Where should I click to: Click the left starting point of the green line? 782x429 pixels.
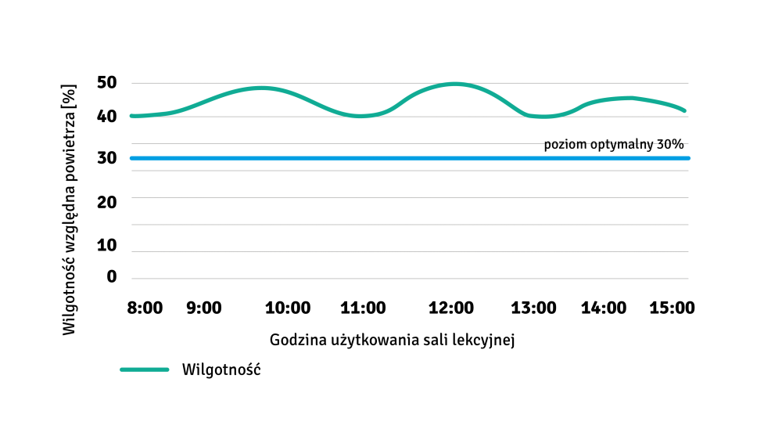coord(132,116)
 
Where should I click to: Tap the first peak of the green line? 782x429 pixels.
coord(262,88)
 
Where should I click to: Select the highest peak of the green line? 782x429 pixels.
coord(454,83)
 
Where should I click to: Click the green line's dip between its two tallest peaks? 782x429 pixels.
coord(360,116)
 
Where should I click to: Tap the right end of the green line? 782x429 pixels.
coord(684,110)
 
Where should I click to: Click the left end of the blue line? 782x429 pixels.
coord(131,158)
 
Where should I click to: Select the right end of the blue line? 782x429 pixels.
coord(688,158)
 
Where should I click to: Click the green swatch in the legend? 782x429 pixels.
coord(145,370)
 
